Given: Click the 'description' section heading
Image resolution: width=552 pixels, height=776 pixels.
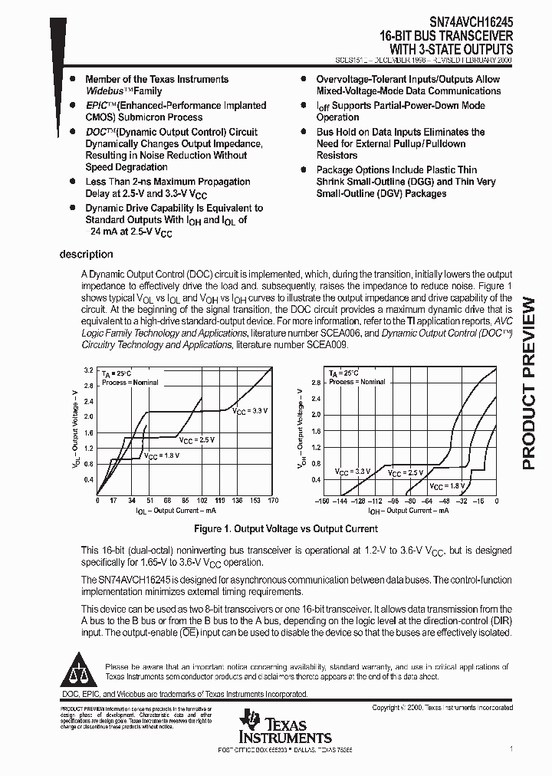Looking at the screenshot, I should (x=86, y=255).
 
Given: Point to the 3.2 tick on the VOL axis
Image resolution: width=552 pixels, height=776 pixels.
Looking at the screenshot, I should (x=88, y=370).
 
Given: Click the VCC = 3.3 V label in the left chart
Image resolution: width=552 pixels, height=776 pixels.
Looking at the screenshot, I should (x=250, y=412).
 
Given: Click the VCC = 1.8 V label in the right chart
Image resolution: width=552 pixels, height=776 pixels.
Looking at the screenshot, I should (x=446, y=486).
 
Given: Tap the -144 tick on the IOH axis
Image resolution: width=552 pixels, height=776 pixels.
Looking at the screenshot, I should (x=340, y=501).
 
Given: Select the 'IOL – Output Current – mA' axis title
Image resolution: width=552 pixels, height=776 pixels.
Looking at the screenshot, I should (x=176, y=510).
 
